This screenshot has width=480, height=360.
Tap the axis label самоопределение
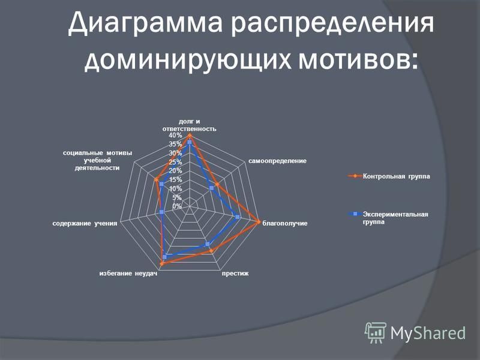point(277,161)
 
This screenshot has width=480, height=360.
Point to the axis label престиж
point(235,274)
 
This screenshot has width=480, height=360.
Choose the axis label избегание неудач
point(128,274)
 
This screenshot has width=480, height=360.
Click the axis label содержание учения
point(85,223)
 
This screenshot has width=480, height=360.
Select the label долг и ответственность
point(189,125)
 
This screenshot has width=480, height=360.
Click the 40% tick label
point(175,136)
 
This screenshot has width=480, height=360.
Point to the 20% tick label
point(175,171)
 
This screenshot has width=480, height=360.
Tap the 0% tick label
point(177,206)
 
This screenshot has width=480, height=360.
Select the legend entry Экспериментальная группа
point(389,218)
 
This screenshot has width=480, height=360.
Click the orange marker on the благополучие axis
point(258,222)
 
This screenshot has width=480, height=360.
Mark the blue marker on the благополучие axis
point(238,217)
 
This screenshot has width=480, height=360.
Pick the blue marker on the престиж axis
point(208,244)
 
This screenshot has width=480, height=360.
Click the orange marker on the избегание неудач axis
point(162,263)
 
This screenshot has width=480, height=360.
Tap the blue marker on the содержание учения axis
point(162,212)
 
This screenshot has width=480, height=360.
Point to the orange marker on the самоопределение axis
point(217,185)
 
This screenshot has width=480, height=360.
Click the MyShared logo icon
point(376,333)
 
